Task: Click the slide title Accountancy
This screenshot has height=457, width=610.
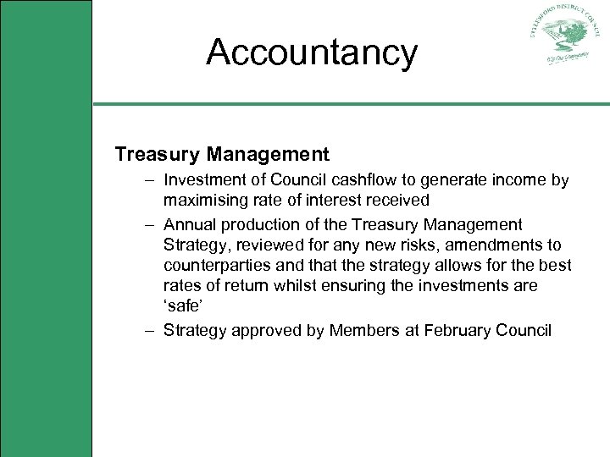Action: (x=312, y=52)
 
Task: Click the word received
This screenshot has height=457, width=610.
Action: (x=400, y=201)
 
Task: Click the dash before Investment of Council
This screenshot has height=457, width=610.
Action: (x=149, y=180)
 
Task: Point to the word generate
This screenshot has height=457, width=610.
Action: (x=460, y=180)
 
